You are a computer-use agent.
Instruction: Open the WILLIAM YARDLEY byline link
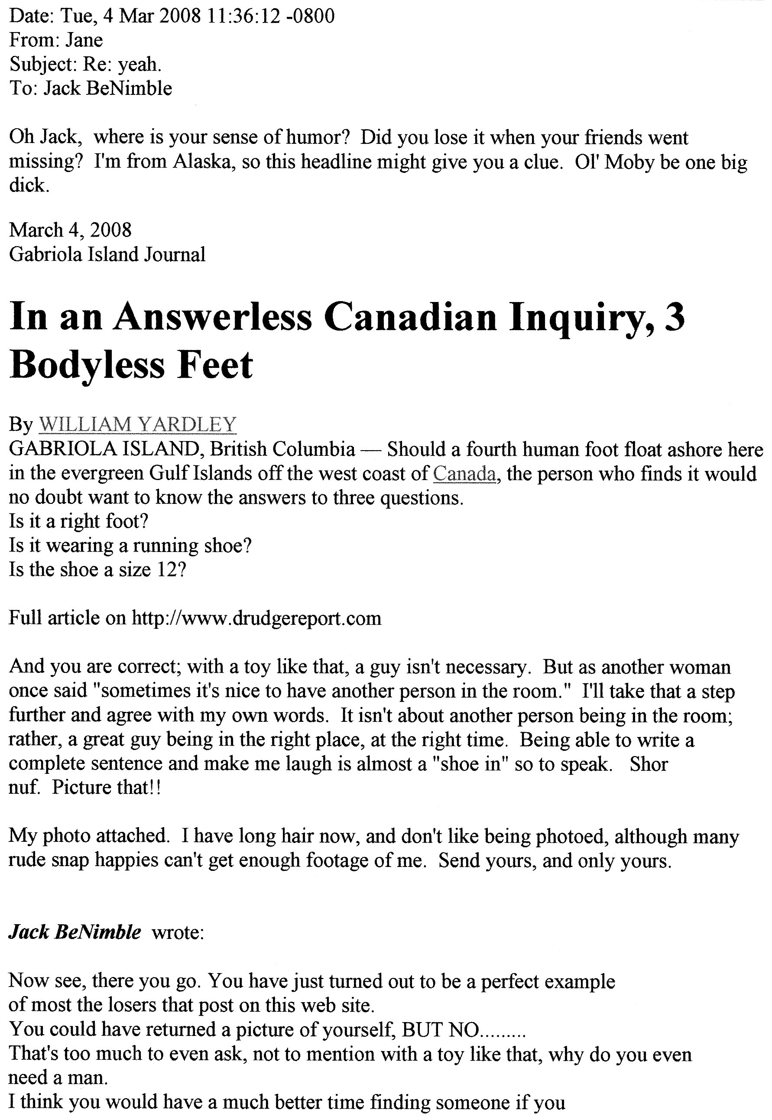(137, 424)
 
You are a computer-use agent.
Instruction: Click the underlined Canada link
(464, 474)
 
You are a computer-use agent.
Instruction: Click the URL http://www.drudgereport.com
(256, 618)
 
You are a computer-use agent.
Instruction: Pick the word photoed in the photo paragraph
(569, 837)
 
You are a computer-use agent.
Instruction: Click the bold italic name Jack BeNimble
(75, 932)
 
